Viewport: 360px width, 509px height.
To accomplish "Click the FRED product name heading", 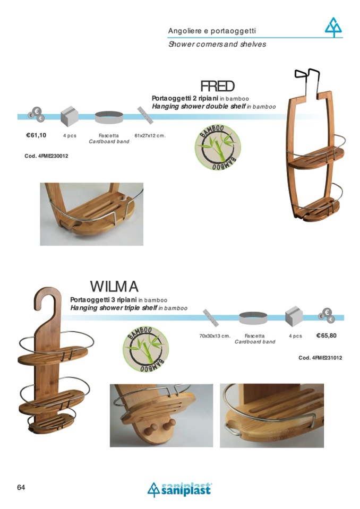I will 217,86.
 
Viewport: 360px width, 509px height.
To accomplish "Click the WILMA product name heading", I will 114,287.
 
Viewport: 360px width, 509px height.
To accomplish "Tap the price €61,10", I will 36,135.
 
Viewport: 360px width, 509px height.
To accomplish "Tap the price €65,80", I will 327,335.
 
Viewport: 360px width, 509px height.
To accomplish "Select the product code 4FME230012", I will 47,156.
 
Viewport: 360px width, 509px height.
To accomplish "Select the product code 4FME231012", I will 320,358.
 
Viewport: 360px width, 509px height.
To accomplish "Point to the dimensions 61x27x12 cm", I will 150,136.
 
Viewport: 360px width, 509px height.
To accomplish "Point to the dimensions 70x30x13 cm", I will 215,336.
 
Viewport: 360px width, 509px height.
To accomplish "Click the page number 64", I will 21,487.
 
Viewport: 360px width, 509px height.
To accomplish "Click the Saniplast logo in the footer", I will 179,489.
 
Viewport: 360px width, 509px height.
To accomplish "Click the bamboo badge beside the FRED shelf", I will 218,147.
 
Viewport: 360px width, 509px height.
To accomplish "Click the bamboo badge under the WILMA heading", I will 145,348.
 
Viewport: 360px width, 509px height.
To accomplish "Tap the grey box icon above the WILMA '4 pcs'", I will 294,317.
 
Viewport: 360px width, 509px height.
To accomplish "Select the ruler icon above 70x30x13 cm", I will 211,317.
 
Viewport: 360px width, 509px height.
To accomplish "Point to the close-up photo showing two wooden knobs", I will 161,415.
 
